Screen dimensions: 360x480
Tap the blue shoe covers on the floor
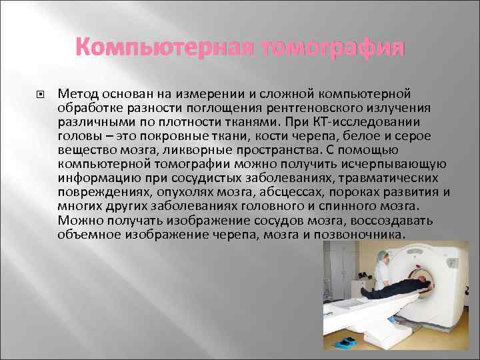click(x=349, y=341)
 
